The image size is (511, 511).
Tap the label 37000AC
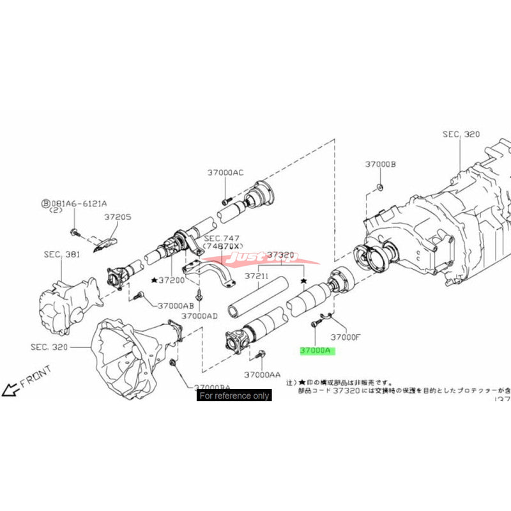[225, 172]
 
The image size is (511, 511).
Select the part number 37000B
[381, 164]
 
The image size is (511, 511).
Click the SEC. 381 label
[63, 254]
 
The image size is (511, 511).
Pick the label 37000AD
[199, 316]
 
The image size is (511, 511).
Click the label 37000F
[345, 337]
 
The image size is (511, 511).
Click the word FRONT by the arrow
[36, 383]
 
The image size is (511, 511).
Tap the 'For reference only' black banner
[234, 396]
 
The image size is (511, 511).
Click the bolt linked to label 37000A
[314, 324]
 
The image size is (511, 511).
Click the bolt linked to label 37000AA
[261, 353]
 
